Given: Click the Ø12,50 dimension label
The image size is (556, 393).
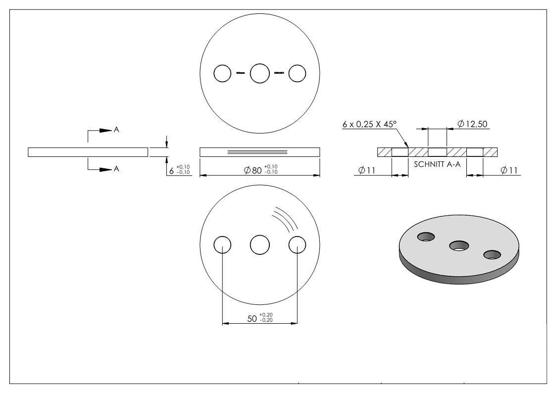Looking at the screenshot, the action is [x=472, y=124].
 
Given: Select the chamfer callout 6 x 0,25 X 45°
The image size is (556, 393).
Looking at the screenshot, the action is [x=369, y=124].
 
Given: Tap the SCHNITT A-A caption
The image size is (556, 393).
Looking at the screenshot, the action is [x=437, y=164].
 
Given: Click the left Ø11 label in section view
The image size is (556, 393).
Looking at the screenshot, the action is [x=367, y=170].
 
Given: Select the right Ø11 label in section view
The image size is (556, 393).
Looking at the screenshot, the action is [x=509, y=170].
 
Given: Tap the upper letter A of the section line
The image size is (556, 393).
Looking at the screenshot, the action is [x=116, y=130].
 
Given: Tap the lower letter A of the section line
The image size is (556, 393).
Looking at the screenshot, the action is [x=116, y=169].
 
